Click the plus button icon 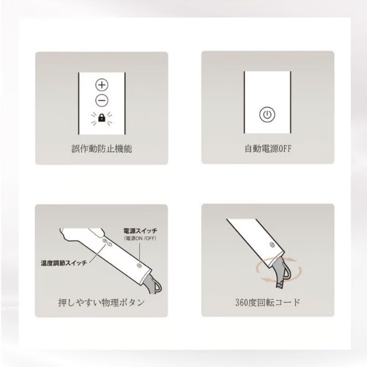(x=102, y=85)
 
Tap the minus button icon (x=102, y=100)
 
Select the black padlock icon (x=102, y=118)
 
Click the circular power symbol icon (x=267, y=114)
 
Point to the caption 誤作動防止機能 (x=102, y=149)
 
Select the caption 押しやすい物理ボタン (x=101, y=303)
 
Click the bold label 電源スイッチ (x=140, y=231)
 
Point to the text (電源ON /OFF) (x=140, y=238)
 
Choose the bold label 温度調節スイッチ (x=64, y=263)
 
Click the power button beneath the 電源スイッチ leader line (x=140, y=265)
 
